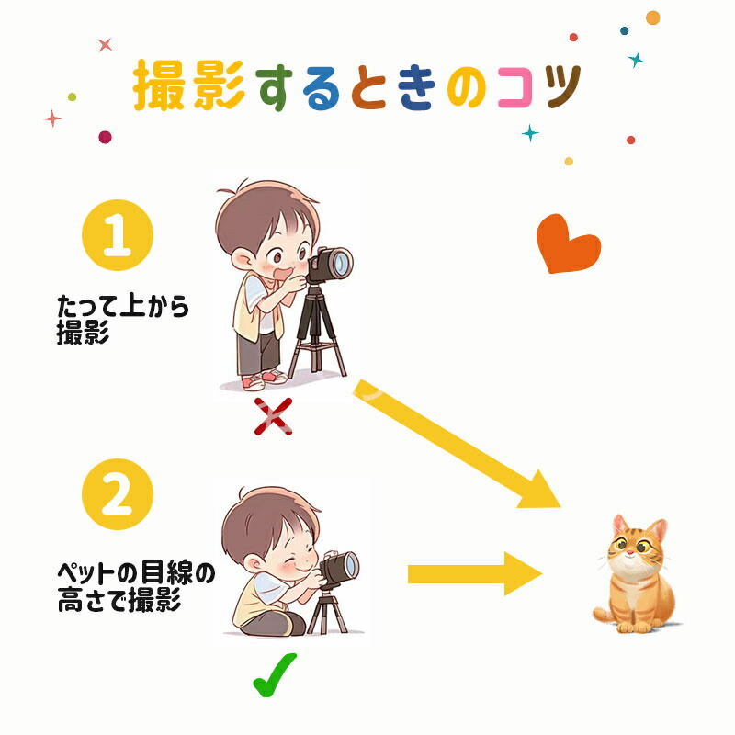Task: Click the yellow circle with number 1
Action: coord(118,235)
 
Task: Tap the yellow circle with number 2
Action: coord(118,494)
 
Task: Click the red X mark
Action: coord(273,416)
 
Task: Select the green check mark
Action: coord(274,674)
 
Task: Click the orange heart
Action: coord(568,243)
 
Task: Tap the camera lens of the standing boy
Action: coord(342,263)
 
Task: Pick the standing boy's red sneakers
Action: coord(264,379)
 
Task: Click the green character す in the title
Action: coord(274,88)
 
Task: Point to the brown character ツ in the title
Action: coord(561,87)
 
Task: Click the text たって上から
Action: coord(123,306)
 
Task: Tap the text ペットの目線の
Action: coord(136,572)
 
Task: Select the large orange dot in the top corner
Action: coord(652,17)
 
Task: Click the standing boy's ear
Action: coord(242,259)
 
